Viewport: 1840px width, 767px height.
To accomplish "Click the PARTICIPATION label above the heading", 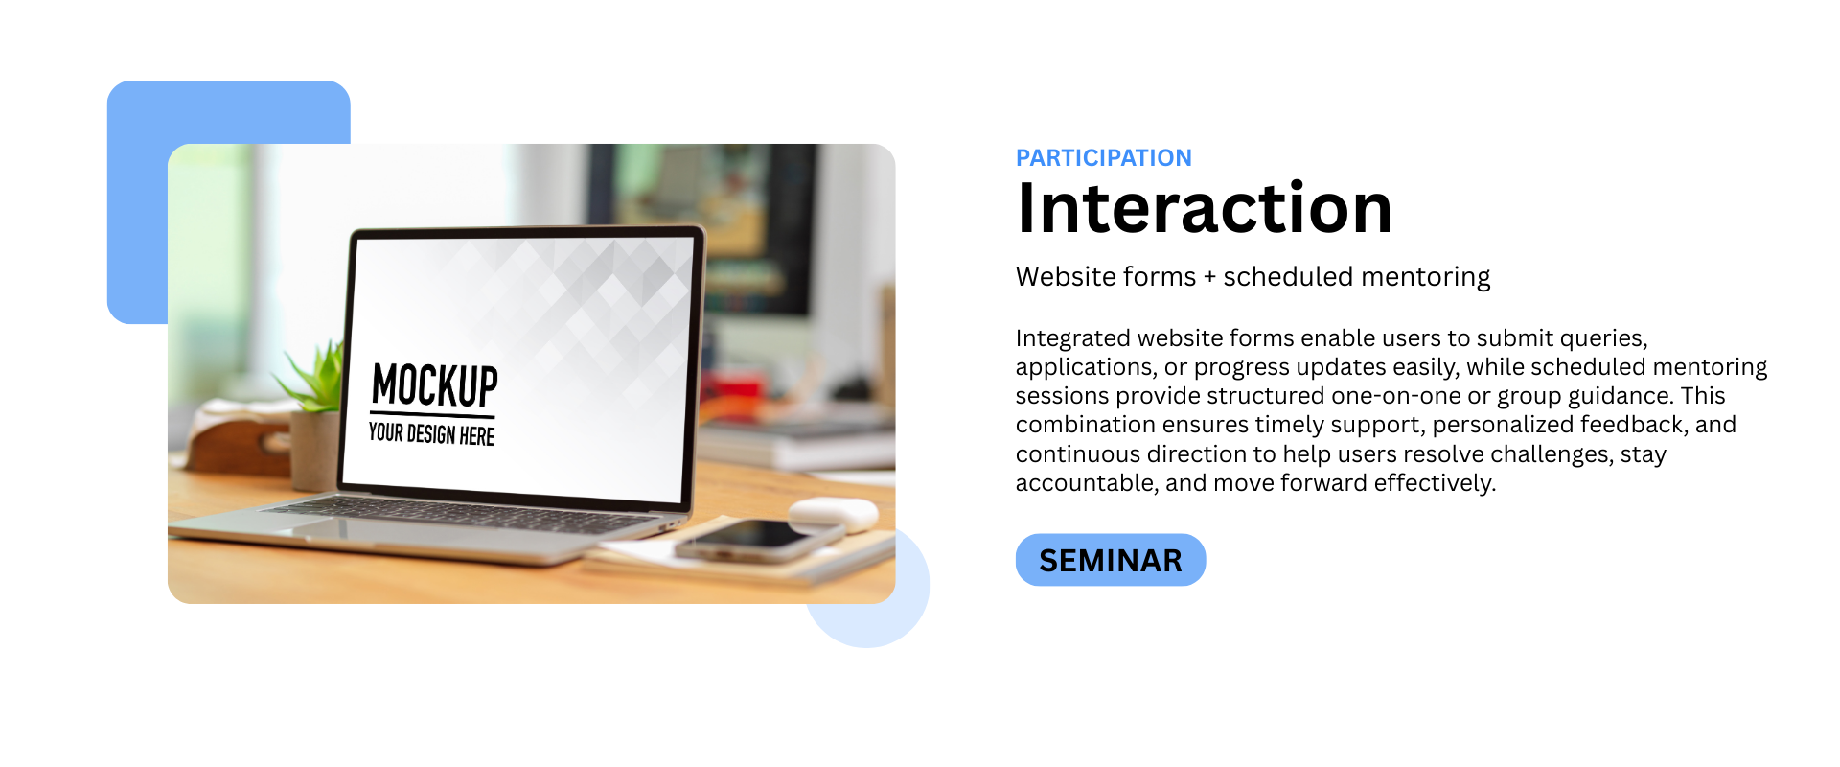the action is coord(1103,157).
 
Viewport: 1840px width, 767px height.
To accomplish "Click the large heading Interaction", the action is coord(1204,208).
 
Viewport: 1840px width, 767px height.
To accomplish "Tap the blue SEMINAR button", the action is coord(1111,560).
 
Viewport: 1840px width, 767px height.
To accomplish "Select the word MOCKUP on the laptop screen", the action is coord(435,385).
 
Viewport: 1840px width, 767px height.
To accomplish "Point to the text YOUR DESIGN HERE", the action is coord(431,434).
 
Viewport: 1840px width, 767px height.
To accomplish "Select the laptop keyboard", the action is coord(460,512).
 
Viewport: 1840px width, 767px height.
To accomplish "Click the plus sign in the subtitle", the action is coord(1209,277).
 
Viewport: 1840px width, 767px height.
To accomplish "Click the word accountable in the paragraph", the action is coord(1086,482).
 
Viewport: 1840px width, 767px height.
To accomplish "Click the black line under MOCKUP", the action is coord(433,414).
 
